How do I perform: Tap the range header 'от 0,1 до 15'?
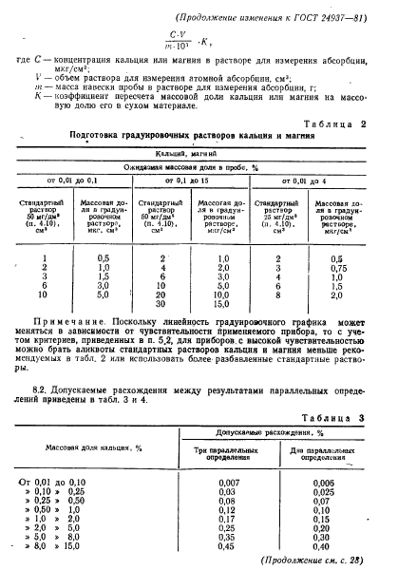point(199,180)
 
